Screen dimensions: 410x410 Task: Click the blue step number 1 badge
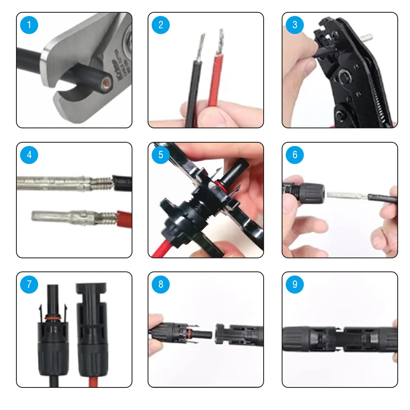(x=29, y=25)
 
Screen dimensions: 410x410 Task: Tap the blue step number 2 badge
(x=160, y=25)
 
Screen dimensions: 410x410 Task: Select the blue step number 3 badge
(x=295, y=25)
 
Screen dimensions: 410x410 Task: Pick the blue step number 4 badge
(x=29, y=155)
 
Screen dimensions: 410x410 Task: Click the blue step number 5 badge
(x=160, y=155)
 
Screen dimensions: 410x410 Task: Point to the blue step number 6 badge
(x=295, y=155)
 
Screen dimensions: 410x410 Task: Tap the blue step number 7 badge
(x=29, y=285)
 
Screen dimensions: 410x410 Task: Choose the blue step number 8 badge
(x=160, y=285)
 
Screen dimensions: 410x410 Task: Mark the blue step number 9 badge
(x=295, y=285)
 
